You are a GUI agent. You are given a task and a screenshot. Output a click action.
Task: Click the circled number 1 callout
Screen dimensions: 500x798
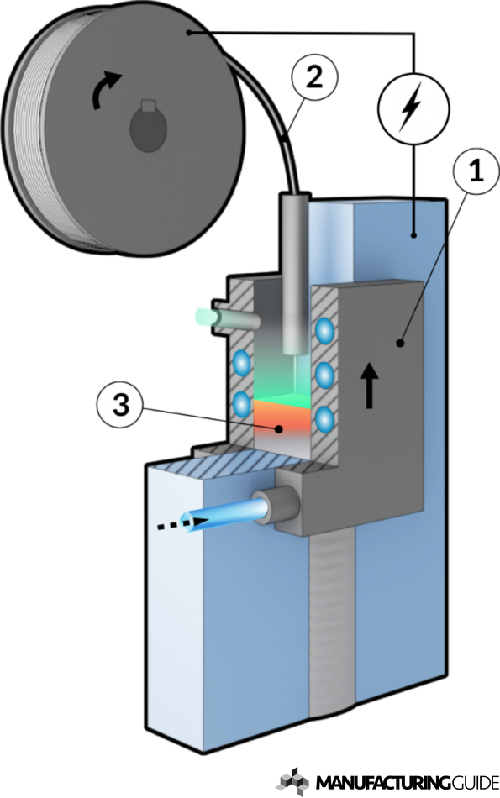pyautogui.click(x=476, y=171)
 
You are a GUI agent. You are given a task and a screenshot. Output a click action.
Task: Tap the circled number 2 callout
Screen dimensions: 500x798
pyautogui.click(x=314, y=78)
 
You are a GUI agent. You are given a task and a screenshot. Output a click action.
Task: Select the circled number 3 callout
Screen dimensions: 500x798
pyautogui.click(x=120, y=406)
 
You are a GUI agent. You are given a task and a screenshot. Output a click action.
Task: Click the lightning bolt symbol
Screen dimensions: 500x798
pyautogui.click(x=412, y=107)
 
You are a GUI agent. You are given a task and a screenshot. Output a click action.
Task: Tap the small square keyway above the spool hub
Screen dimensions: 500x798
pyautogui.click(x=148, y=105)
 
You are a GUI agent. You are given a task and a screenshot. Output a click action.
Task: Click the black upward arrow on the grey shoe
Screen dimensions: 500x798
pyautogui.click(x=369, y=387)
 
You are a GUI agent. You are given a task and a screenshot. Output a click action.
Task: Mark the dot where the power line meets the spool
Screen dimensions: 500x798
pyautogui.click(x=189, y=33)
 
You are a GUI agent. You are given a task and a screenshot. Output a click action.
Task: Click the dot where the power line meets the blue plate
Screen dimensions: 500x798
pyautogui.click(x=414, y=235)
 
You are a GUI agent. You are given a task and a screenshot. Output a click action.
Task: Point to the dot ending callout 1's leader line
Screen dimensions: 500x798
pyautogui.click(x=401, y=344)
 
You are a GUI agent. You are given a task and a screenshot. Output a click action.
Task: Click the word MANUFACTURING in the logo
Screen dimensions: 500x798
pyautogui.click(x=383, y=782)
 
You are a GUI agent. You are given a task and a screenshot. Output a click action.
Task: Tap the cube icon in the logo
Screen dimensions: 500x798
pyautogui.click(x=292, y=782)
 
